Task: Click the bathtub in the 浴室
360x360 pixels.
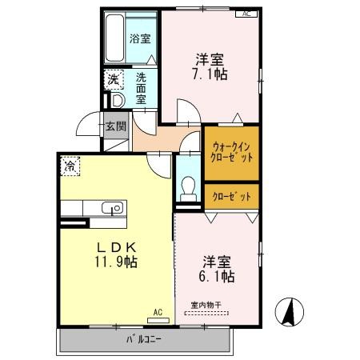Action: [114, 38]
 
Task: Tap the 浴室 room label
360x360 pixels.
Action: [140, 38]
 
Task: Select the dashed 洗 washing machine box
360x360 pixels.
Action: [114, 79]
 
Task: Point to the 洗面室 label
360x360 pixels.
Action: [141, 88]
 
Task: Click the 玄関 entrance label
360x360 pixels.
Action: [116, 126]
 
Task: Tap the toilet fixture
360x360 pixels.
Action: [188, 189]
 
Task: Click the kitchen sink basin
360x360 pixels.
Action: [112, 207]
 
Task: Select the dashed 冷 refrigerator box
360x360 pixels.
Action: [70, 166]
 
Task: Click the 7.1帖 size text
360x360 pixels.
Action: [210, 74]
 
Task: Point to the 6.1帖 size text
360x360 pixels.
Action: [217, 277]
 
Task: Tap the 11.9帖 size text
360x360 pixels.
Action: [116, 262]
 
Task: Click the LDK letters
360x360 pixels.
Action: [117, 248]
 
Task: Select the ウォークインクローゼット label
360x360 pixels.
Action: [231, 152]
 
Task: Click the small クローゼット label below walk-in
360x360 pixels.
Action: [232, 197]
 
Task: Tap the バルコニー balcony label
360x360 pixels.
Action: [144, 339]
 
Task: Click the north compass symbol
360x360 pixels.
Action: [290, 312]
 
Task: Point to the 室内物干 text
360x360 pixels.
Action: [206, 305]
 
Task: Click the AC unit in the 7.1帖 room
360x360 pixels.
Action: [246, 14]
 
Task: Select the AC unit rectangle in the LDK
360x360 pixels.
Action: [158, 320]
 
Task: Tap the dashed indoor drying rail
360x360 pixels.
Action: [206, 314]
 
